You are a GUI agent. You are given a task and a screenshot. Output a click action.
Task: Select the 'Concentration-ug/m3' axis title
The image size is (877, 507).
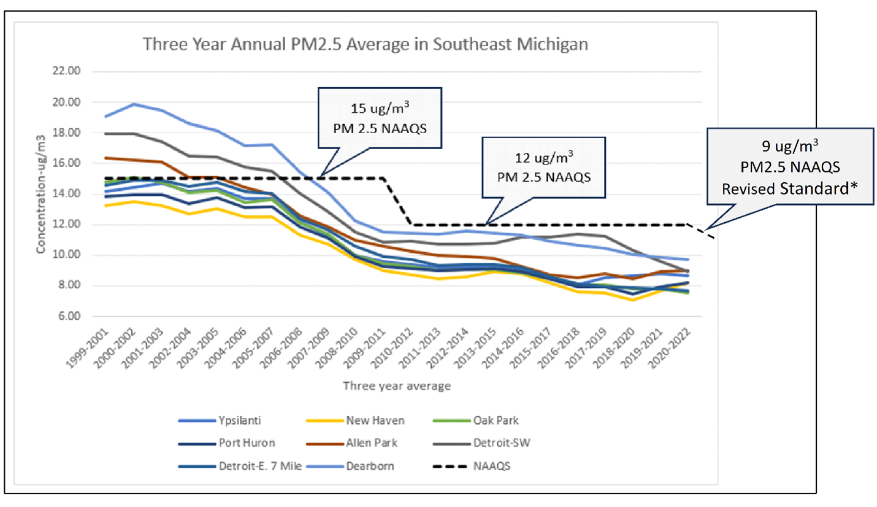pos(42,194)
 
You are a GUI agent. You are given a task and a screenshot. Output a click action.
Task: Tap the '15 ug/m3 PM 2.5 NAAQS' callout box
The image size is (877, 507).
pos(380,117)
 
